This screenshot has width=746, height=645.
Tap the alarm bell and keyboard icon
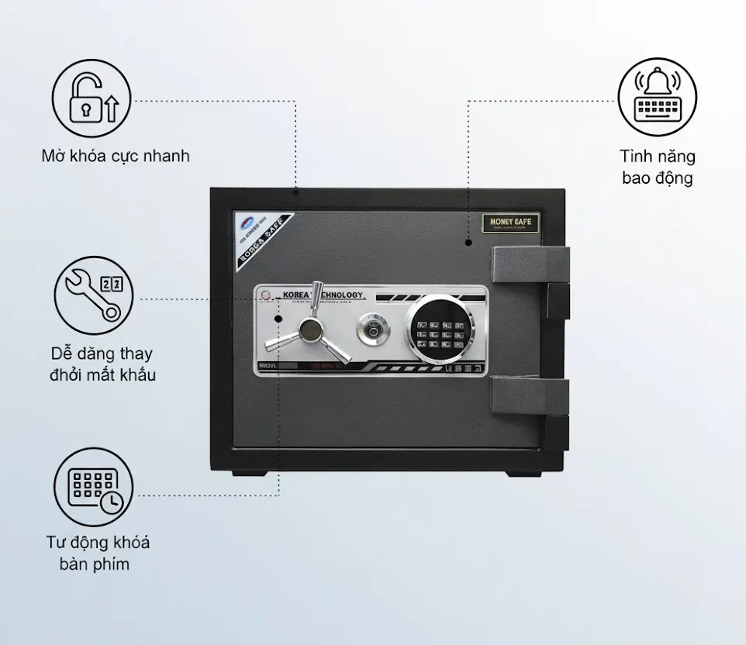[657, 97]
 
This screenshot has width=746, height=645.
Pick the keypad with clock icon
[94, 487]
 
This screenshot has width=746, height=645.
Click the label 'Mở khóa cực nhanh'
[116, 156]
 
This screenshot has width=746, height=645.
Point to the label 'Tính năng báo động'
[658, 167]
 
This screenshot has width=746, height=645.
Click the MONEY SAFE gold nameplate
[511, 222]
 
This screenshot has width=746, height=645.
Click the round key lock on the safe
[371, 329]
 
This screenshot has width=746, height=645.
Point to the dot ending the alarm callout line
[469, 243]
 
